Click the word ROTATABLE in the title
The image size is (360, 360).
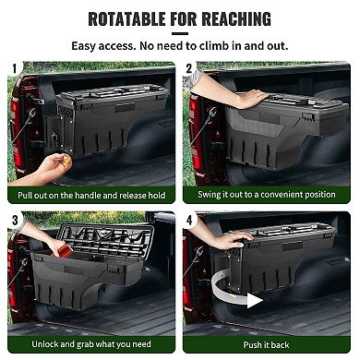(x=128, y=18)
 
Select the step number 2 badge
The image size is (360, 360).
(x=188, y=67)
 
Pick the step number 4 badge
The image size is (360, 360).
(x=188, y=221)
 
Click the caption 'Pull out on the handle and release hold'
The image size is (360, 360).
(x=90, y=196)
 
